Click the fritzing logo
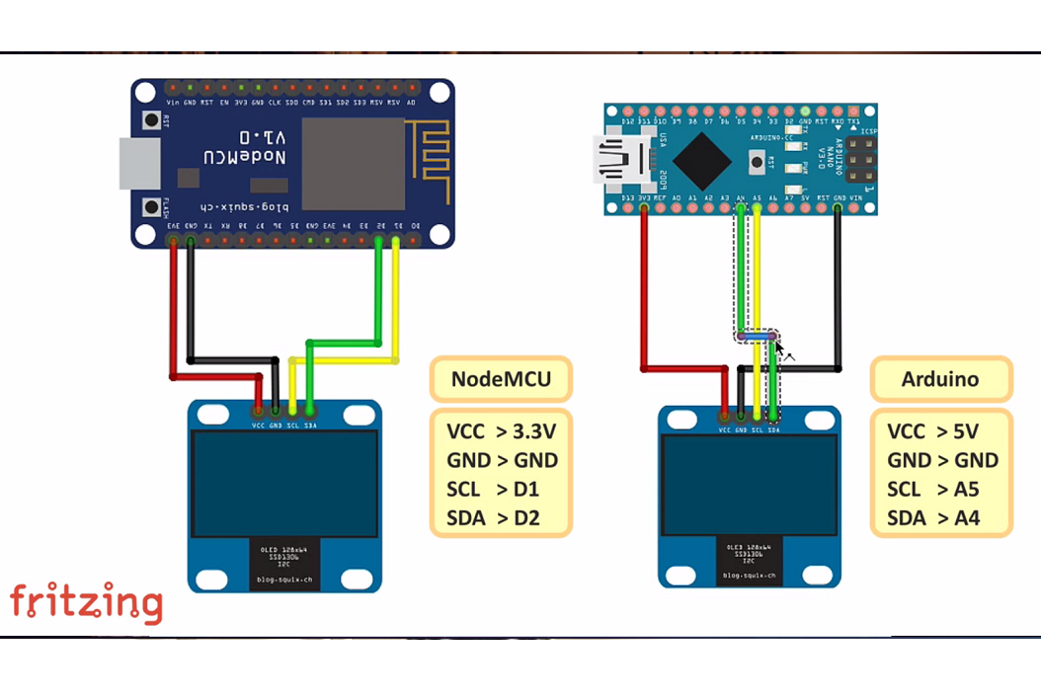86,603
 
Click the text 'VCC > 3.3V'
501,431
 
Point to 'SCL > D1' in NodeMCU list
493,490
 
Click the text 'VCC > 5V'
933,431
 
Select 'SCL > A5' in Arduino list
933,490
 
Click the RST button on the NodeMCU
152,120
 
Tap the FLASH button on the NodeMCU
152,207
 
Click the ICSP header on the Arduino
861,160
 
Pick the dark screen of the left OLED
284,484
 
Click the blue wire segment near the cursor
757,337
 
